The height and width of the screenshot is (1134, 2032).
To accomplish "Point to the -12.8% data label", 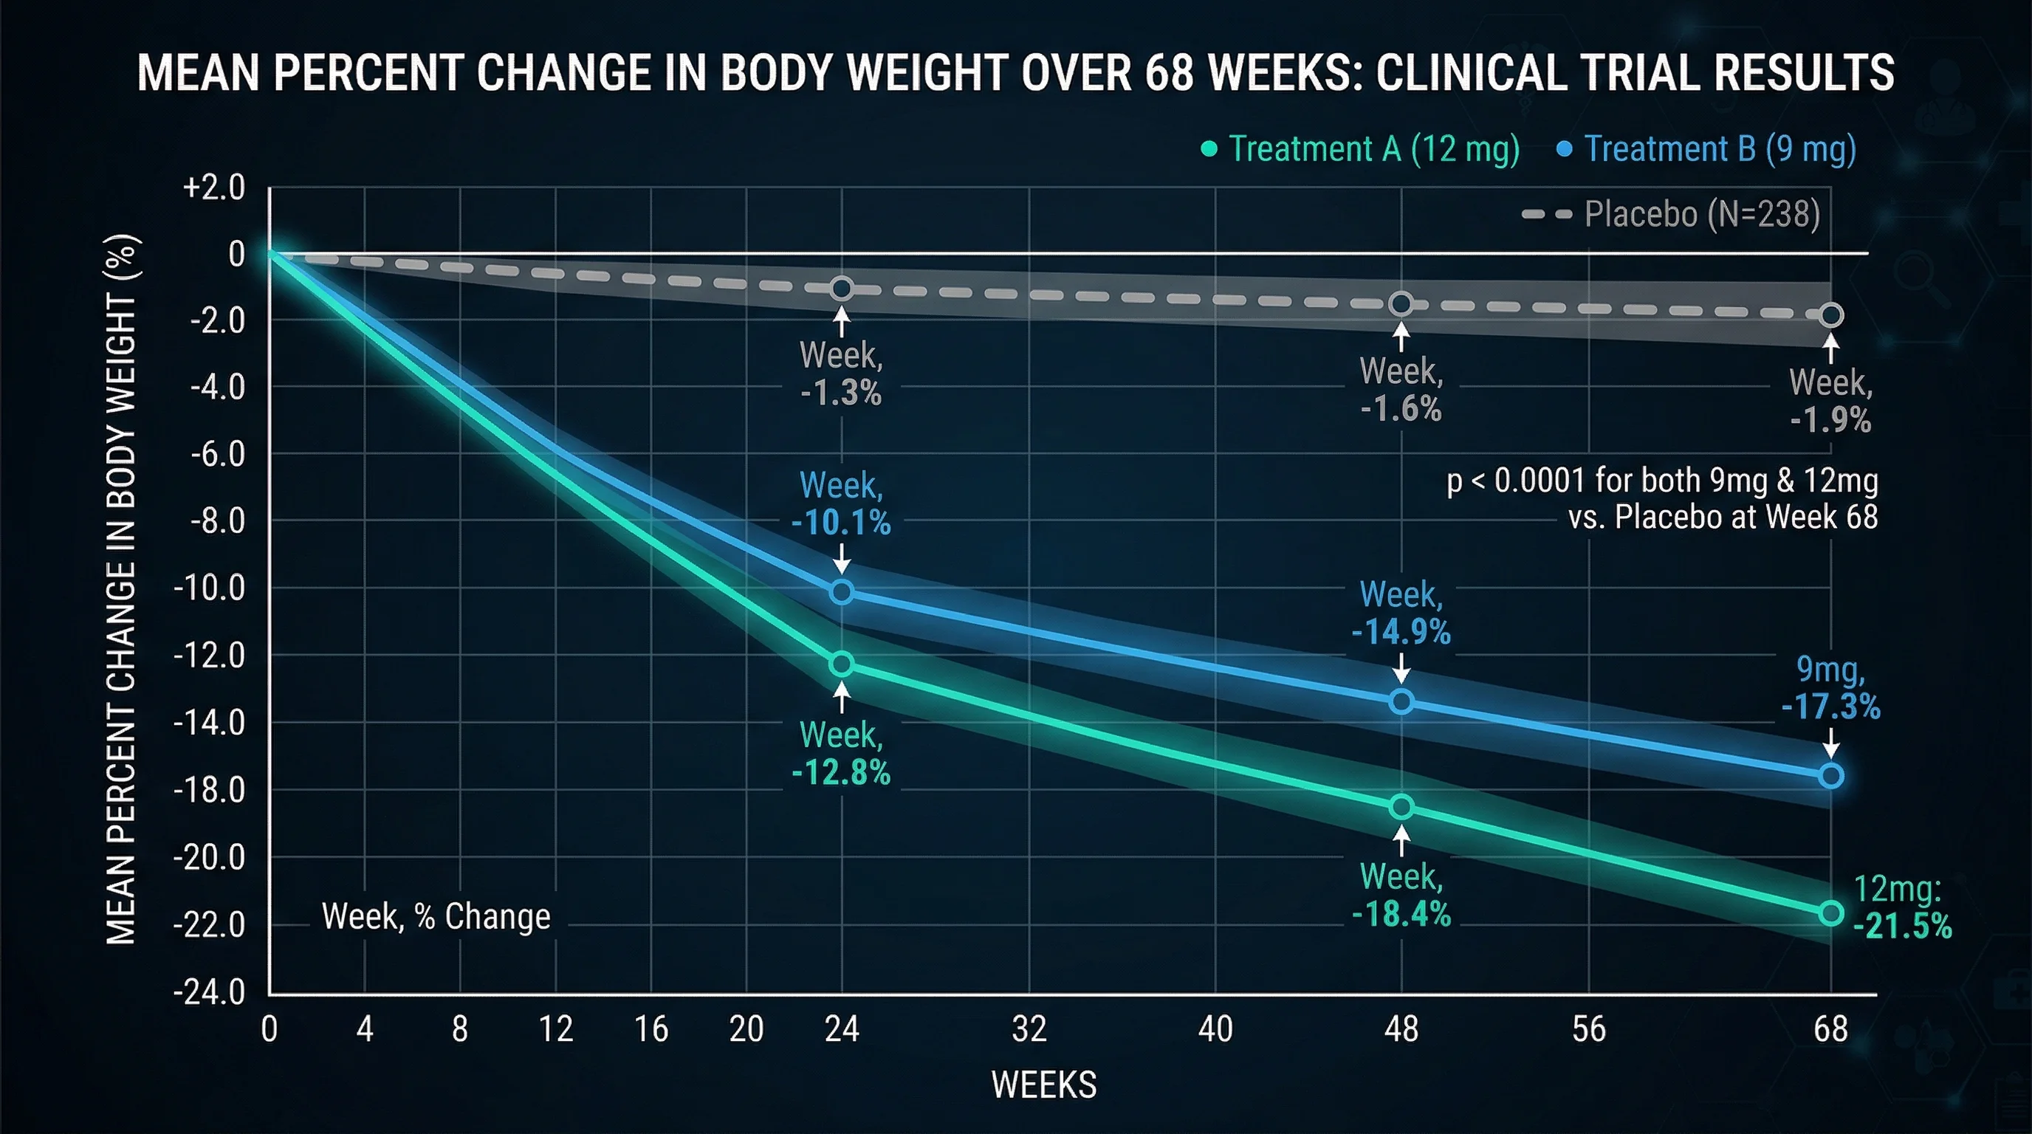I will tap(841, 773).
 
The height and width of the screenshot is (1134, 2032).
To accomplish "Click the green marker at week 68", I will tap(1831, 913).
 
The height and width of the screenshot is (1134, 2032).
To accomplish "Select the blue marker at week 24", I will tap(842, 591).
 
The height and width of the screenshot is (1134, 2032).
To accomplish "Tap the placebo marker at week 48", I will tap(1401, 303).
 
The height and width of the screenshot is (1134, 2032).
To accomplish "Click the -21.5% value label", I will tap(1902, 926).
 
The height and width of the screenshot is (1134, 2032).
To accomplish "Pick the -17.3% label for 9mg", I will tap(1831, 707).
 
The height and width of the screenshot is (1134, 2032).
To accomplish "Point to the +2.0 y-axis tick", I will tap(214, 188).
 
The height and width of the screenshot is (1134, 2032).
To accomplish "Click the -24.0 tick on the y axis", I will tap(210, 992).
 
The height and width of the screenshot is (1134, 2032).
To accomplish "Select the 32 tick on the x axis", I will tap(1029, 1029).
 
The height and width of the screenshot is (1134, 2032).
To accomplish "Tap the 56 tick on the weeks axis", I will tap(1588, 1029).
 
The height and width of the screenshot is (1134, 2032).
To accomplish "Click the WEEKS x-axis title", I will tap(1043, 1085).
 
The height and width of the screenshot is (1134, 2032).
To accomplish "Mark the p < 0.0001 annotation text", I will tap(1662, 498).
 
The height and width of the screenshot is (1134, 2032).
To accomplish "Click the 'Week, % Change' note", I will tap(436, 916).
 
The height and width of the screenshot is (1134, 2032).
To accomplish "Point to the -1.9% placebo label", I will tap(1830, 420).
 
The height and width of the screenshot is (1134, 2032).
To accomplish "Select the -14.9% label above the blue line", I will tap(1401, 633).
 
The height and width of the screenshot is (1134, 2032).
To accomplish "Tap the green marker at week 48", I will tap(1401, 807).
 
